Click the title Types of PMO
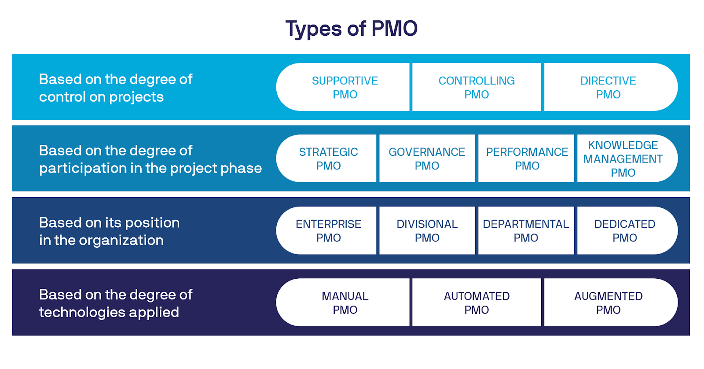tap(351, 29)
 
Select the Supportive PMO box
tap(345, 87)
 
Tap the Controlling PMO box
tap(477, 87)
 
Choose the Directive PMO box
tap(608, 87)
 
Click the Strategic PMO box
tap(328, 159)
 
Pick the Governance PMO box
tap(427, 159)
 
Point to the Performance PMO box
tap(527, 159)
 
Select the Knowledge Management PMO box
tap(623, 159)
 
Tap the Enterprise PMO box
tap(328, 231)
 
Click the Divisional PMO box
tap(427, 231)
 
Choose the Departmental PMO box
tap(526, 231)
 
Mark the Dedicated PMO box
tap(625, 231)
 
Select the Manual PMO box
tap(345, 303)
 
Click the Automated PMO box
tap(477, 303)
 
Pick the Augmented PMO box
tap(608, 303)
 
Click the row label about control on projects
tap(115, 88)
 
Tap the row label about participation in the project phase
tap(150, 159)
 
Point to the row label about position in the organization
tap(109, 231)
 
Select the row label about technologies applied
tap(115, 303)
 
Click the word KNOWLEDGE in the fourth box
tap(623, 145)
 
